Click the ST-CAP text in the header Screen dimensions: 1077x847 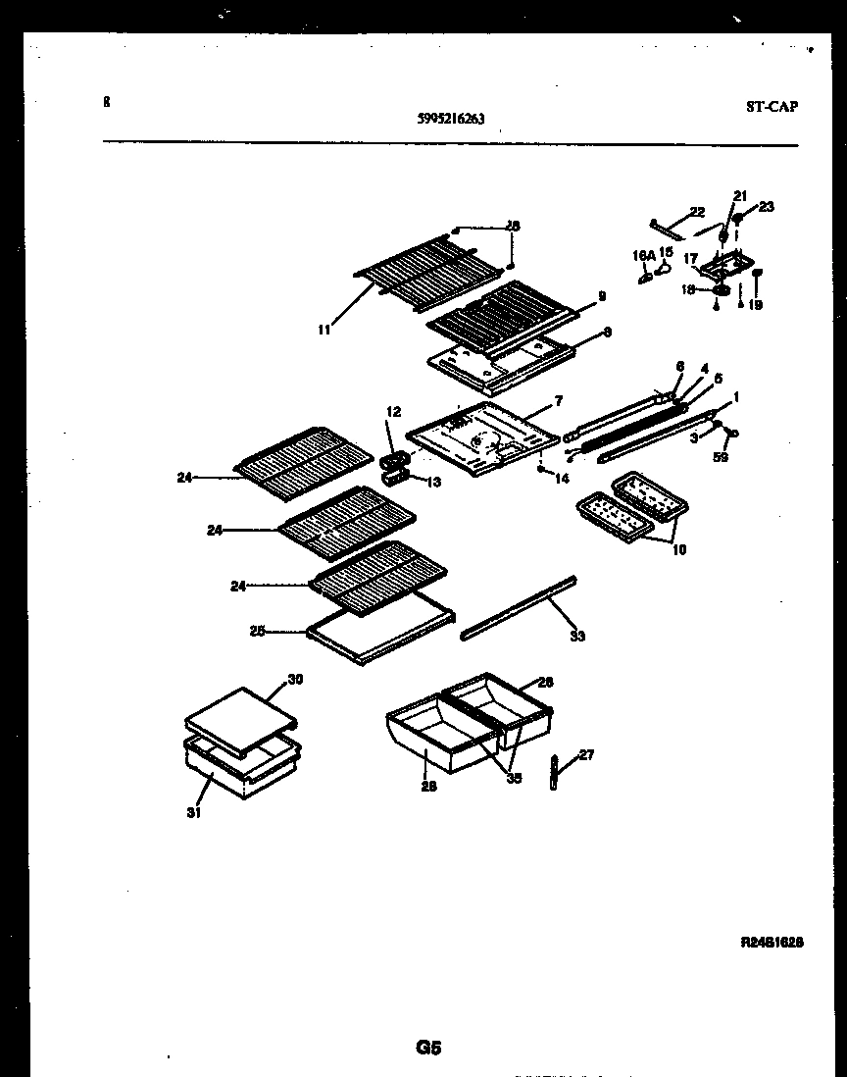(771, 107)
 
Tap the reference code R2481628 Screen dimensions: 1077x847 (772, 942)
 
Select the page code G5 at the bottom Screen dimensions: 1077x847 (428, 1049)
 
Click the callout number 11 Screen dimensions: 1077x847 (324, 330)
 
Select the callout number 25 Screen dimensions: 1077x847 (257, 632)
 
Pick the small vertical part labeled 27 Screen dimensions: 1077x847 (554, 773)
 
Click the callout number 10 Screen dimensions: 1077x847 (678, 549)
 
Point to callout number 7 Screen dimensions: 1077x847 (558, 401)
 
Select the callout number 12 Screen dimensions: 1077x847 (393, 412)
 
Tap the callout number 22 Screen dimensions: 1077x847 (697, 212)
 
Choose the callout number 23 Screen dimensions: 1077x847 (766, 206)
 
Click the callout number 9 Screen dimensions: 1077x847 (601, 295)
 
